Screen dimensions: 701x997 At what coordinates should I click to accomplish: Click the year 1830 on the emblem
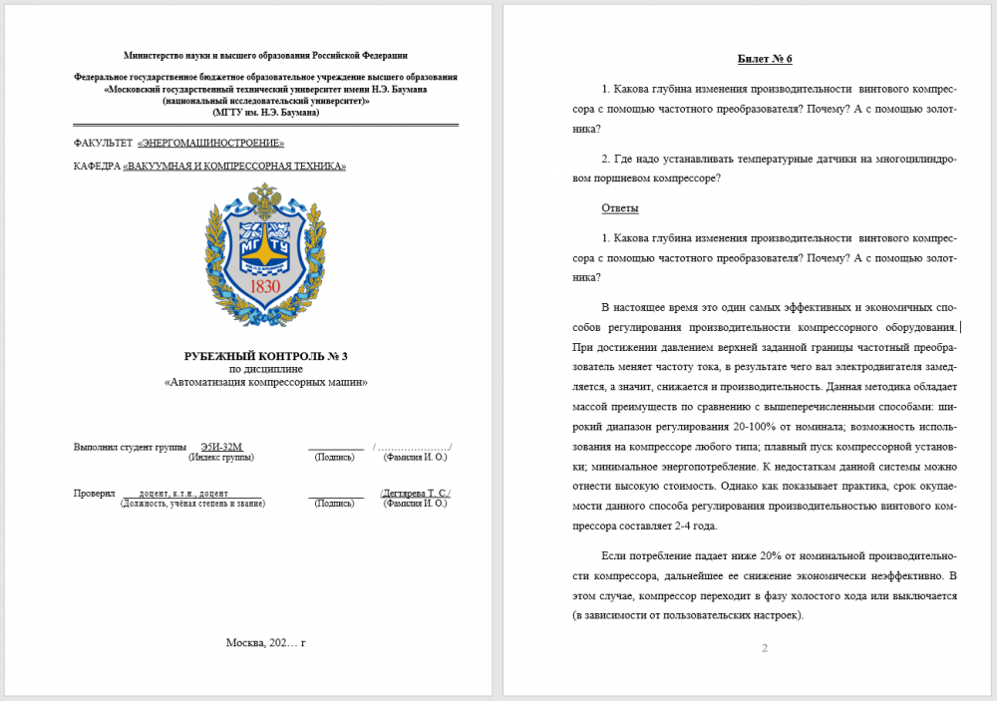click(x=265, y=287)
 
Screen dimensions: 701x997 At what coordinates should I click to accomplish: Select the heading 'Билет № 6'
click(x=765, y=60)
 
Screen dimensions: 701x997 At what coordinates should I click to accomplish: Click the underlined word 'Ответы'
click(x=620, y=208)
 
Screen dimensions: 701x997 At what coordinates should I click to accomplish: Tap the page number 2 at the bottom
click(x=765, y=649)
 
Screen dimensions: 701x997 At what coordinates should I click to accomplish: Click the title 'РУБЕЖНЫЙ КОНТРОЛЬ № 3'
click(x=265, y=356)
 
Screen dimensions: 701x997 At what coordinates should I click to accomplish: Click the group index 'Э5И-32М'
click(x=221, y=446)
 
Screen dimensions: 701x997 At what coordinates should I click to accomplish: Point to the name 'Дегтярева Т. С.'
click(x=416, y=493)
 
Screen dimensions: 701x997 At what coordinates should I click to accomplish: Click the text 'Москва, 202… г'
click(x=265, y=642)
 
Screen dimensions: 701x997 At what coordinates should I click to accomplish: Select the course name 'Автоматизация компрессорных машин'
click(x=265, y=382)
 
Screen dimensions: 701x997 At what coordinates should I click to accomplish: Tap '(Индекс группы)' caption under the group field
click(x=221, y=457)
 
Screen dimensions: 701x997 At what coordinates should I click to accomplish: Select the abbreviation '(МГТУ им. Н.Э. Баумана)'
click(x=265, y=113)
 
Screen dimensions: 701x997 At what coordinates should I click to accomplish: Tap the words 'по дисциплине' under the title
click(x=265, y=369)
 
